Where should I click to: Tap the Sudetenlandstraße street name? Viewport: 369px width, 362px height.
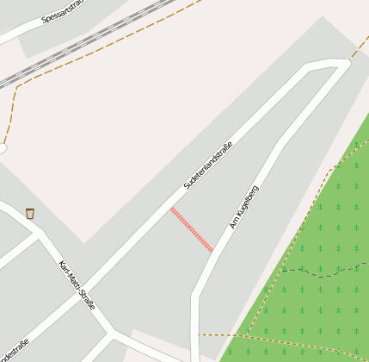pos(208,165)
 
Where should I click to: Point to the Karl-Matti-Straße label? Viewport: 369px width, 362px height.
pos(77,285)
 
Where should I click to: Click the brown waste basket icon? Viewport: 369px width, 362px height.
pos(30,213)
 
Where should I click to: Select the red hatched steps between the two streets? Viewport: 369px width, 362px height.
pos(192,229)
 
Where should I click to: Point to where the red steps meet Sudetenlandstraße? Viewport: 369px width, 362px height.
pos(172,209)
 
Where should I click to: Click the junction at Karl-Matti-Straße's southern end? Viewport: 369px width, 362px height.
pos(112,332)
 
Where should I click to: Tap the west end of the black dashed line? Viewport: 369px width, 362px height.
pos(283,271)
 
